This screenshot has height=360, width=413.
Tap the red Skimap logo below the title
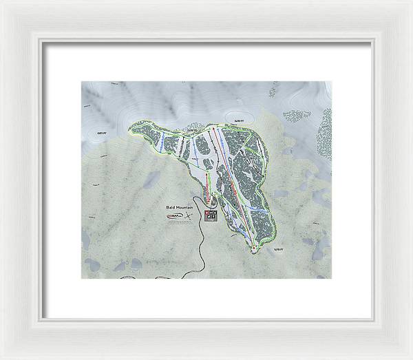coord(175,217)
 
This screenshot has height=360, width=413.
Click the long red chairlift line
coord(234,186)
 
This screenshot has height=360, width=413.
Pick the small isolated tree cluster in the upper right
coord(297,116)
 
